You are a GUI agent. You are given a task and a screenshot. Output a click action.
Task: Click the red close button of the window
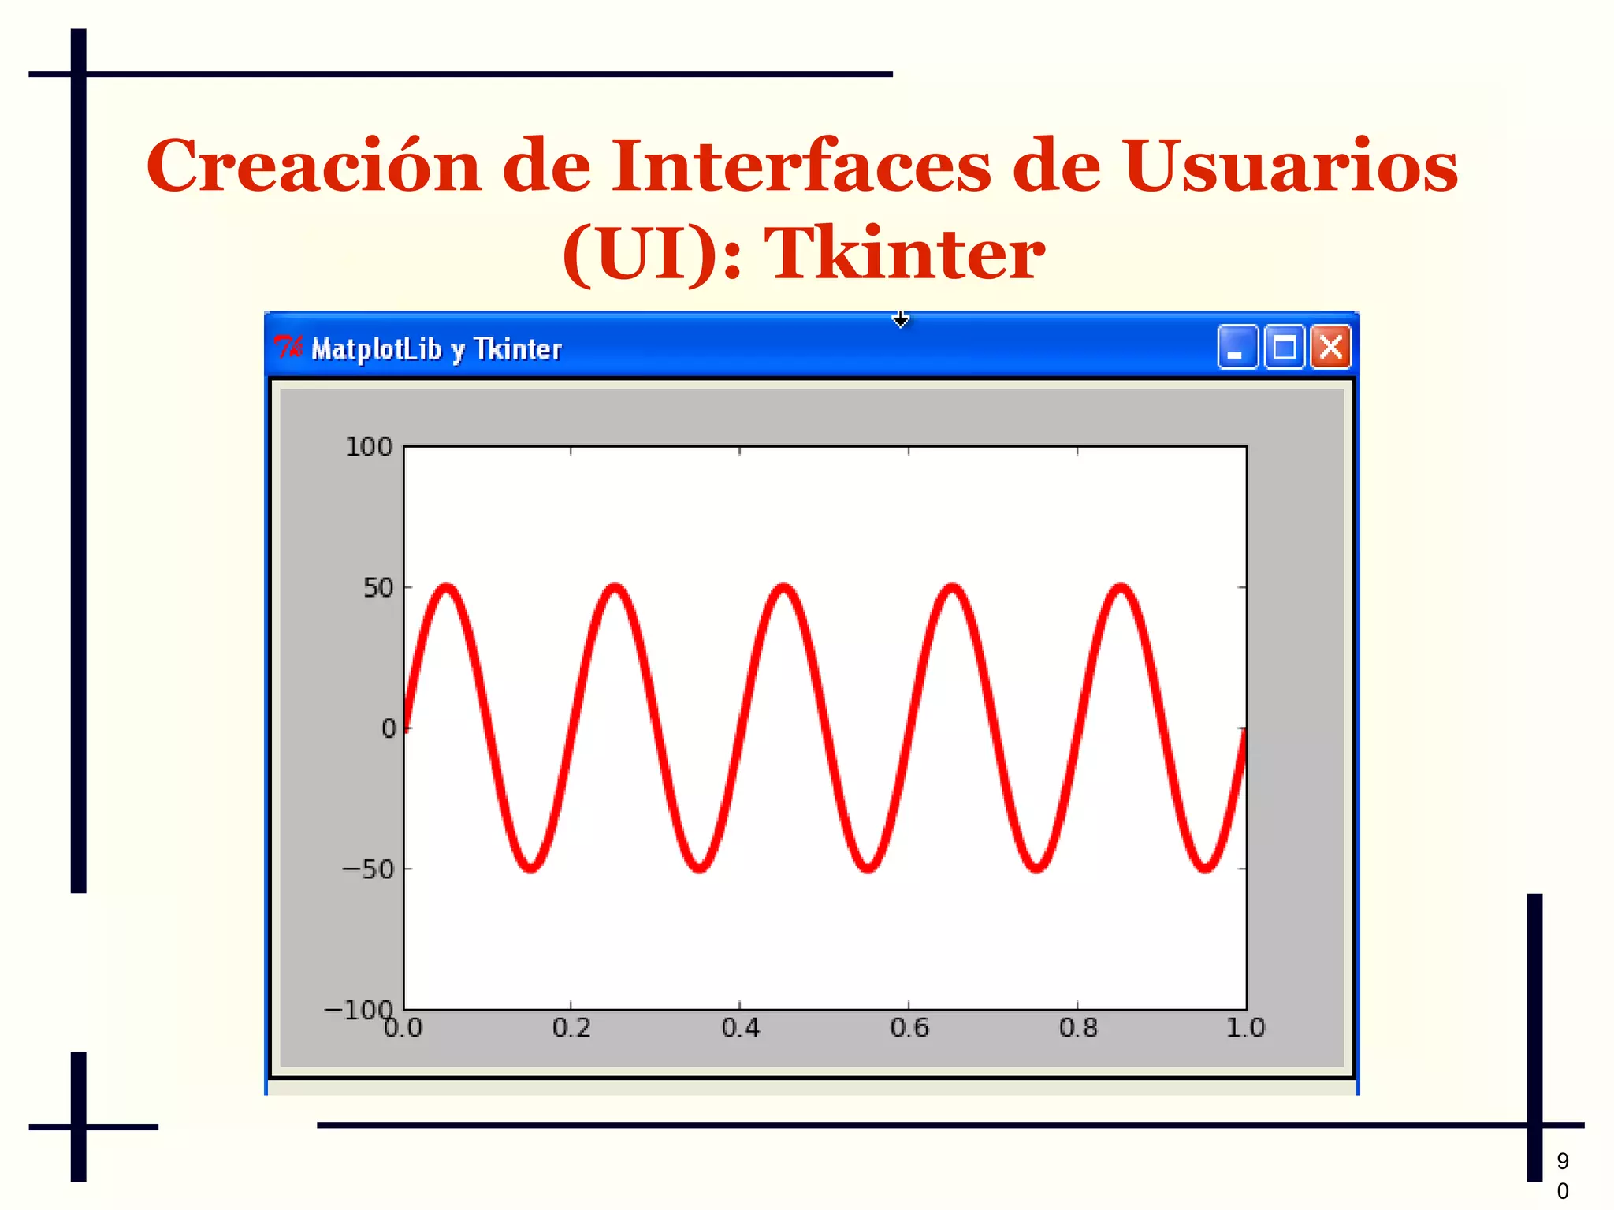tap(1330, 347)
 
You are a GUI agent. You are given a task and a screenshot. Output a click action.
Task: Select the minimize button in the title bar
tap(1237, 347)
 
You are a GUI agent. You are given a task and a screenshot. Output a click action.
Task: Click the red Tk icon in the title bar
tap(288, 347)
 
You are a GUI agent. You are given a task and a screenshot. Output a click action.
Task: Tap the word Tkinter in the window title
tap(518, 348)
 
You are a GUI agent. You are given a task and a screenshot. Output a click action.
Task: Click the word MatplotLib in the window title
tap(376, 348)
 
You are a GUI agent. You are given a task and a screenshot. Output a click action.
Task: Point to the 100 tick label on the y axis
tap(369, 447)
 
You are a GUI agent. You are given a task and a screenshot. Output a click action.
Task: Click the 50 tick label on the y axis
tap(377, 588)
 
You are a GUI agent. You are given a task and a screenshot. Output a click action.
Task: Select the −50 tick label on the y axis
tap(367, 869)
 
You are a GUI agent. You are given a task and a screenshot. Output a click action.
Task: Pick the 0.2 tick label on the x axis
tap(571, 1028)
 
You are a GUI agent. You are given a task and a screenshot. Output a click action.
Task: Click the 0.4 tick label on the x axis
tap(740, 1028)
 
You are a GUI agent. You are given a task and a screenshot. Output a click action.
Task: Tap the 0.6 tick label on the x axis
tap(909, 1028)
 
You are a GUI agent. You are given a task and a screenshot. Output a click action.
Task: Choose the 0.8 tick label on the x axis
tap(1078, 1028)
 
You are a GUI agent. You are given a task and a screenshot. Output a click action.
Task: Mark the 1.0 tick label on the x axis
tap(1245, 1028)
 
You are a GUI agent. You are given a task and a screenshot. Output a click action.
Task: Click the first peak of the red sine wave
tap(447, 588)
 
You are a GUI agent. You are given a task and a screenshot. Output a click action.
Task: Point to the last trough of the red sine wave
tap(1206, 868)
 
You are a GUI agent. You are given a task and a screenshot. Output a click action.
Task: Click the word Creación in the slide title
tap(313, 166)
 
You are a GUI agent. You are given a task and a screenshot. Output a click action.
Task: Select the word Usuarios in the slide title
tap(1290, 166)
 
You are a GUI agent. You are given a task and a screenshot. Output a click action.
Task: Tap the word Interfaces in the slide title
tap(801, 166)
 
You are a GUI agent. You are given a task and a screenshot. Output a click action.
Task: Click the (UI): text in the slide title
tap(652, 254)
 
